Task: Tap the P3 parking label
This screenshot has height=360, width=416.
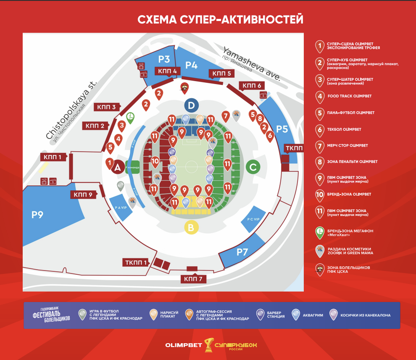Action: [x=164, y=59]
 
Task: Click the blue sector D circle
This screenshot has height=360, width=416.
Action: [x=191, y=105]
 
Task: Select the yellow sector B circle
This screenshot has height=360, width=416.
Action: [x=191, y=227]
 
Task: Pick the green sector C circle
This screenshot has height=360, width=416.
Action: [x=253, y=167]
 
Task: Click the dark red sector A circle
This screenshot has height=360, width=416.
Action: [x=117, y=168]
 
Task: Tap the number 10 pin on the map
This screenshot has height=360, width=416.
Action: [x=155, y=161]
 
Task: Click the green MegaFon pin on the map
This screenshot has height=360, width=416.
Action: [x=130, y=117]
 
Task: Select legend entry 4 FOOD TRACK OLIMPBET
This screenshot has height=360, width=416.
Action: [x=349, y=96]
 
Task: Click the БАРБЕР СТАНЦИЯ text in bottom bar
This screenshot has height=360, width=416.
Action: [x=276, y=315]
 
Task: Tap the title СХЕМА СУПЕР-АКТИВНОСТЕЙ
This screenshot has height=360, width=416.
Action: [x=221, y=19]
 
